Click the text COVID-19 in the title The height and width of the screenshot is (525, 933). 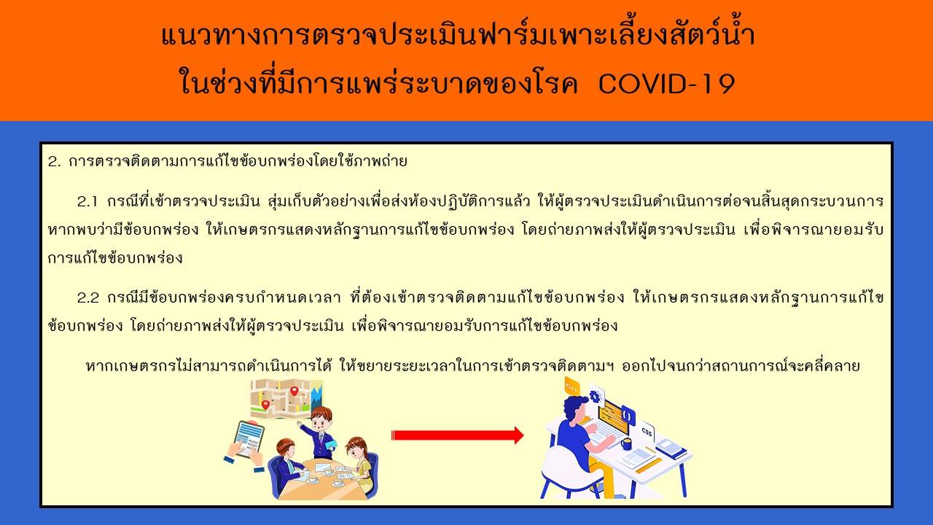(666, 84)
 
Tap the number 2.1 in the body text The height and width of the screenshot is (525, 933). (87, 202)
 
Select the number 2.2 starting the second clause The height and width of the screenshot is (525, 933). (88, 298)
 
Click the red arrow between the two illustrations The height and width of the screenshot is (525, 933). (457, 435)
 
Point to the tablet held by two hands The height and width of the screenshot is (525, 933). (249, 439)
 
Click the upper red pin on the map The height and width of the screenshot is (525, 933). (294, 391)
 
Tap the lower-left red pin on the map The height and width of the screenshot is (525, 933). (265, 405)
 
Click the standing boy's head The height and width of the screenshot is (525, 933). (321, 419)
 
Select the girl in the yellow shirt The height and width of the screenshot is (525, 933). (359, 462)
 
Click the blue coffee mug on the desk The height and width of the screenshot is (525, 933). (626, 444)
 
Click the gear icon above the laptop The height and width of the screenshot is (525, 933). (596, 396)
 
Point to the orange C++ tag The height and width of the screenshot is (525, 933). (571, 388)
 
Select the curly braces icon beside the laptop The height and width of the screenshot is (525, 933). (628, 416)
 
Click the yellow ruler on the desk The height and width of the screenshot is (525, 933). (649, 465)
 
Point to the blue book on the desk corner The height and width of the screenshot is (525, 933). (671, 449)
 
